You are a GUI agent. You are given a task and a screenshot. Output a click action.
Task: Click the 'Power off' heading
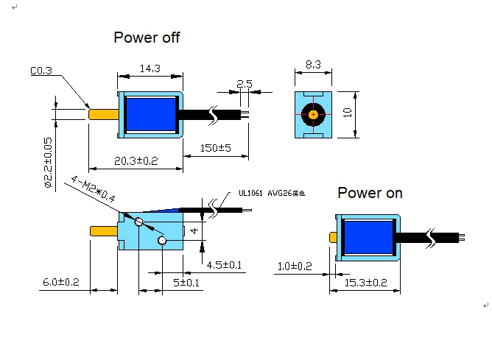pyautogui.click(x=147, y=38)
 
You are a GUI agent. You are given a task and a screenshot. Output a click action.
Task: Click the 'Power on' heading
pyautogui.click(x=370, y=193)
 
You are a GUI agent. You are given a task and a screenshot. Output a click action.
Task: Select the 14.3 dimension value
pyautogui.click(x=150, y=68)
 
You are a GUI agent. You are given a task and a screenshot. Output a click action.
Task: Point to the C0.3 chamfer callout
pyautogui.click(x=41, y=71)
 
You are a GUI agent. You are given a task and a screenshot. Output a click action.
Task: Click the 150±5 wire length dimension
pyautogui.click(x=215, y=148)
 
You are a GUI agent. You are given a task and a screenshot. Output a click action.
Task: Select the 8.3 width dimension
pyautogui.click(x=313, y=66)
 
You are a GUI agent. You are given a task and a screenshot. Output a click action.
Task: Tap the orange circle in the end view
pyautogui.click(x=314, y=114)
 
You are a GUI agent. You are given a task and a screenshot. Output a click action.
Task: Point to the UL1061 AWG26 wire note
pyautogui.click(x=271, y=194)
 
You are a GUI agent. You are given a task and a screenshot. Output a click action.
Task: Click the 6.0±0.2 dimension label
pyautogui.click(x=60, y=283)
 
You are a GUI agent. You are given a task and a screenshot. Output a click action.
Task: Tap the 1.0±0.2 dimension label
pyautogui.click(x=295, y=266)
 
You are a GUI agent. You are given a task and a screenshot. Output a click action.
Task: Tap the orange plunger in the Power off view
pyautogui.click(x=104, y=114)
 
